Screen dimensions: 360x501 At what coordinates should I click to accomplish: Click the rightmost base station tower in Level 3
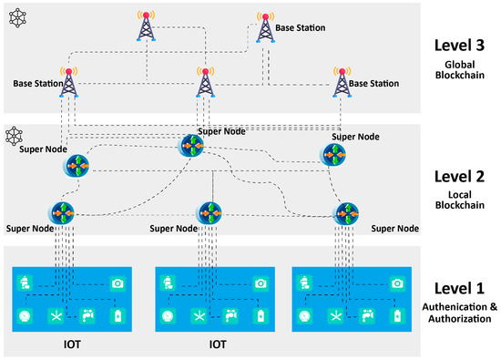[343, 81]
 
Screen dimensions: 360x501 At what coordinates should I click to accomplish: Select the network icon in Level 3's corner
[15, 17]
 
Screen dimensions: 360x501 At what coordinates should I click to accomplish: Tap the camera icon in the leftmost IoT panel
[117, 284]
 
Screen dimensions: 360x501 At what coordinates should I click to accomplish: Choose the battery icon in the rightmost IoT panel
[396, 315]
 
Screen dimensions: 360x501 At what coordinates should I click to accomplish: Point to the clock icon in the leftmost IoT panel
[24, 315]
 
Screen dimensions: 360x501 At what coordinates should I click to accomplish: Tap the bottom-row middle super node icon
[209, 211]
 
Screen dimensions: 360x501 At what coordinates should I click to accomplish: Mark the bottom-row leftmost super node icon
[64, 211]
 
